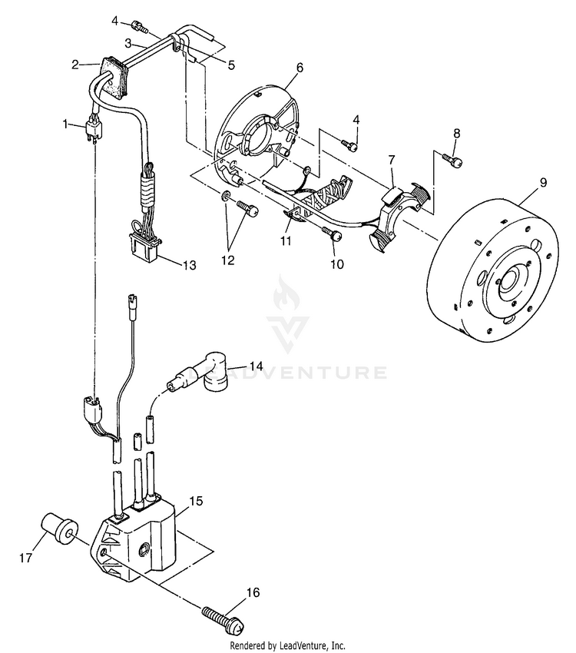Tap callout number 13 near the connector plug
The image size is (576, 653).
[189, 265]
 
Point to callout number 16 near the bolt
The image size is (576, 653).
[253, 592]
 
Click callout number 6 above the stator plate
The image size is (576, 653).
[299, 68]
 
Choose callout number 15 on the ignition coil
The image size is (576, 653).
[196, 501]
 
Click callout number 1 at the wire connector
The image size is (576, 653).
[67, 122]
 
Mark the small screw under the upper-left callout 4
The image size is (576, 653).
[141, 27]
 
